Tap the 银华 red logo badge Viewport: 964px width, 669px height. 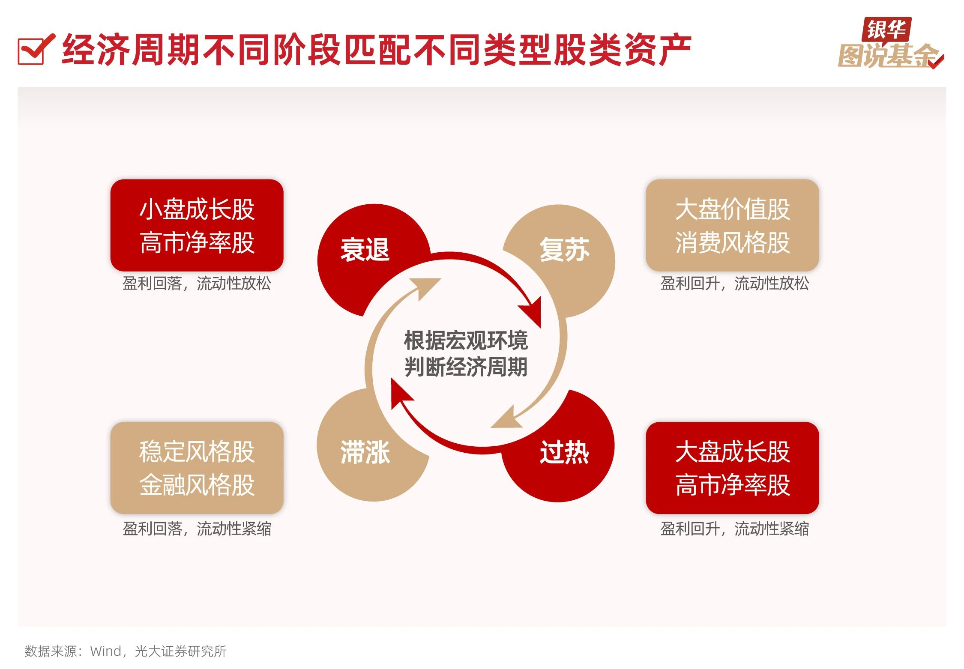pos(886,30)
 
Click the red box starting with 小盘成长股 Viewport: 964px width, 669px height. pos(197,225)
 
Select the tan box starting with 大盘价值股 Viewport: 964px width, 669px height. pos(732,225)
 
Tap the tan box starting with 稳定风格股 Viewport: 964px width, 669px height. pos(197,468)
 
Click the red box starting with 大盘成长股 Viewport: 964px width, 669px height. pos(732,468)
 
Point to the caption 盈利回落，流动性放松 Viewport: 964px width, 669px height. pos(197,284)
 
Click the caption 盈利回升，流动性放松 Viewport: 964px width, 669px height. pos(734,284)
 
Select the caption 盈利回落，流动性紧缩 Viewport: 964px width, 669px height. pos(197,529)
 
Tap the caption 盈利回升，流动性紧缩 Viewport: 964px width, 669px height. pos(734,529)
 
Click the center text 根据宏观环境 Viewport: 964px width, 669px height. pos(466,340)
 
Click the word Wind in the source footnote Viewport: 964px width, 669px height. pos(105,651)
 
